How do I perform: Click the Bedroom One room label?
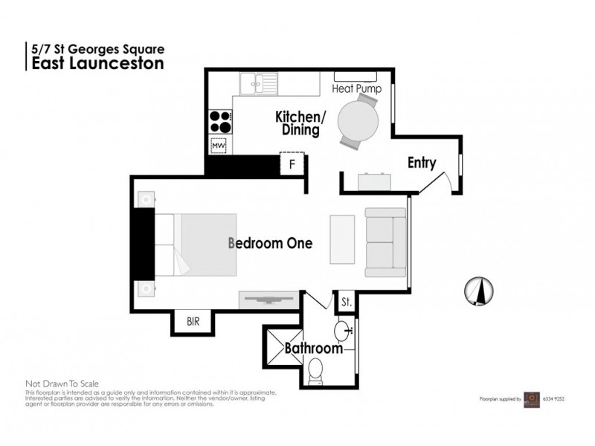(269, 242)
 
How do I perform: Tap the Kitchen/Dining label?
(297, 123)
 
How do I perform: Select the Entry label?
(421, 164)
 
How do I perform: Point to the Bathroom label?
(315, 347)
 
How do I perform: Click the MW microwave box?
(219, 146)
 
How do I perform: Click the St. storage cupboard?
(347, 303)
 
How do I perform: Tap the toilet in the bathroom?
(317, 369)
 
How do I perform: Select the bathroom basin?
(343, 329)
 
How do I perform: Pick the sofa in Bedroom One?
(385, 242)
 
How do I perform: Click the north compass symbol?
(478, 290)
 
